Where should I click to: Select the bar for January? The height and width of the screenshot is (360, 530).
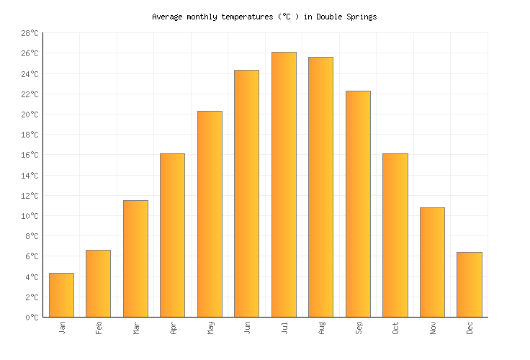coord(61,295)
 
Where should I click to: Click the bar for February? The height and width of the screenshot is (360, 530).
coord(98,284)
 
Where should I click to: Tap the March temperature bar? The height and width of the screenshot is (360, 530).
coord(135,258)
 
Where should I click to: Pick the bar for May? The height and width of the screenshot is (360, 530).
coord(210,214)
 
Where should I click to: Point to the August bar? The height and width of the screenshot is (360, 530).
coord(320,187)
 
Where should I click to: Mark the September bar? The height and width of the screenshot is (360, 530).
coord(358,204)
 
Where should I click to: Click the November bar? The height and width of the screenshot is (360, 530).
coord(432,262)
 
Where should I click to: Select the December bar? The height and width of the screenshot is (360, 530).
coord(469,284)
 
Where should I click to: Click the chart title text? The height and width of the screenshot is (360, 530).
coord(264,17)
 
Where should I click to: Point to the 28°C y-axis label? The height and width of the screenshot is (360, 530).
coord(30,33)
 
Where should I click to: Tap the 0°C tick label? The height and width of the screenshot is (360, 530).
coord(32,317)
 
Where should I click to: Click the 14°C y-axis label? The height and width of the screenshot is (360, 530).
coord(30,176)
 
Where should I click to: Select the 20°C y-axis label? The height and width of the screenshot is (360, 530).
coord(30,114)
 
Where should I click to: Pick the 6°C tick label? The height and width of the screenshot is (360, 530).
coord(32,256)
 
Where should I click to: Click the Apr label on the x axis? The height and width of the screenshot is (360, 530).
coord(174,328)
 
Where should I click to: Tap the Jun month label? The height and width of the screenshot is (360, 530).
coord(248,328)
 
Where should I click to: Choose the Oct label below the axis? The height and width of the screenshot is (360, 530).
coord(396,328)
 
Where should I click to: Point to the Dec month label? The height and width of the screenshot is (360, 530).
coord(470,328)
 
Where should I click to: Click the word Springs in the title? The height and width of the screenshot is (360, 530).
coord(361,17)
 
